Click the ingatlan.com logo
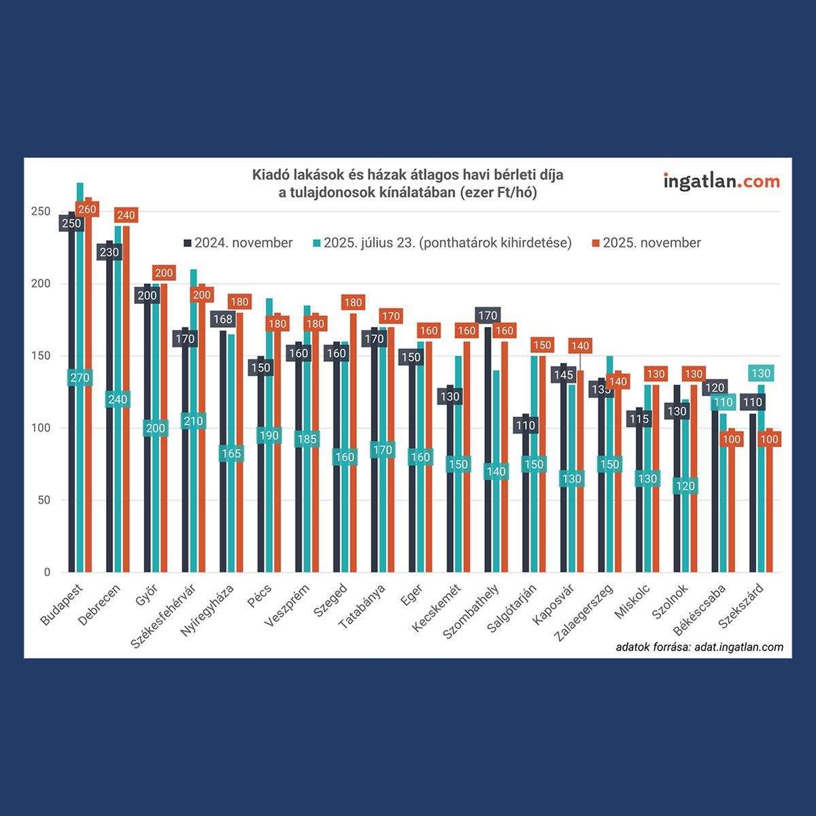point(721,182)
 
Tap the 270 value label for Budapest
point(80,378)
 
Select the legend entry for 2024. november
point(238,243)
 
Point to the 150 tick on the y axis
point(41,356)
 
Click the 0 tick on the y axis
point(47,573)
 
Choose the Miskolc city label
point(633,602)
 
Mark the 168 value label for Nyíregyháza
point(222,319)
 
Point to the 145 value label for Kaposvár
point(564,375)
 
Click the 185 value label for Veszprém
point(307,439)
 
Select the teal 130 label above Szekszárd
point(761,373)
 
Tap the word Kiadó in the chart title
point(271,175)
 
